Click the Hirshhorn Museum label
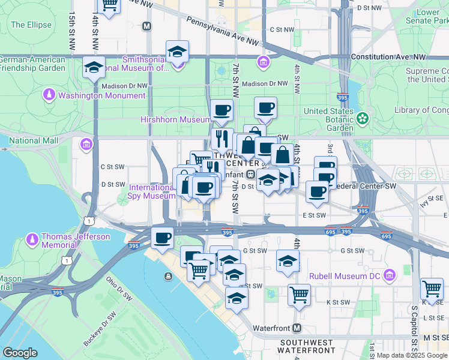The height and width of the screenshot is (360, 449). pos(175,119)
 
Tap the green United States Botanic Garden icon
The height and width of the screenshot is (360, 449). pos(363,118)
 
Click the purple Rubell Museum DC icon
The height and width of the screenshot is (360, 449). pos(390,275)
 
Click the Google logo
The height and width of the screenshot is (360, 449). pos(20,353)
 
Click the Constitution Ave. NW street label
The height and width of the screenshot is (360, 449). pos(388,57)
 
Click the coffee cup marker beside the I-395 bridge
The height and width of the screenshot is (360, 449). pos(162,238)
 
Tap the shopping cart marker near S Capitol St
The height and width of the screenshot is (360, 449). pos(432,289)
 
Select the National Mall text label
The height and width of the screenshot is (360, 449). pos(34,140)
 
